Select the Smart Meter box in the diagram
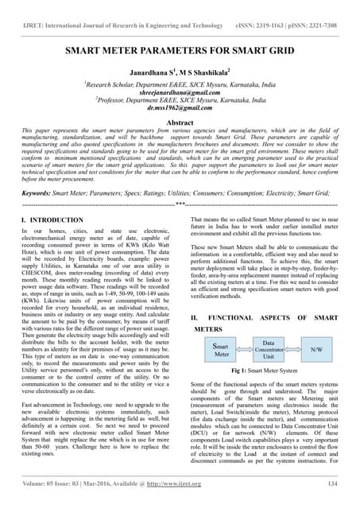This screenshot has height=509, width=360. pos(223,349)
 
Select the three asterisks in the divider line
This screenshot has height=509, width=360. pos(180,204)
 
